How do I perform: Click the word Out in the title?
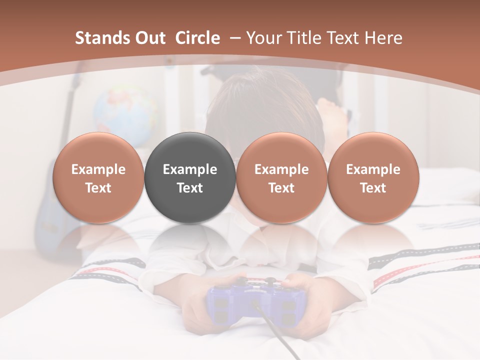(x=150, y=38)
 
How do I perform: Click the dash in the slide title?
(x=235, y=38)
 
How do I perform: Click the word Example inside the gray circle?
(x=190, y=169)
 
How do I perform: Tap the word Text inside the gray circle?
(x=190, y=188)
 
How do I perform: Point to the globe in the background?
(x=125, y=112)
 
